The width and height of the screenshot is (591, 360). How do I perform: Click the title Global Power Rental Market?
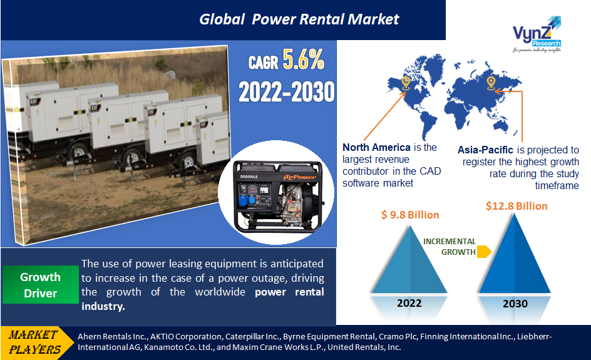point(299,19)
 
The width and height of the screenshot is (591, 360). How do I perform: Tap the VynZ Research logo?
point(536,38)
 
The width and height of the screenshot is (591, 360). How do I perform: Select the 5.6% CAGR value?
point(304,60)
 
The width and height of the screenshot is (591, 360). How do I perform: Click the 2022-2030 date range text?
point(287,92)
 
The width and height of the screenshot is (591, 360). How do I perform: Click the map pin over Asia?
point(491,83)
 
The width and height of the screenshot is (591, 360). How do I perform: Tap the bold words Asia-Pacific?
point(485,150)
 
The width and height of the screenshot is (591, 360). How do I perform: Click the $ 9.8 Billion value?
point(410,215)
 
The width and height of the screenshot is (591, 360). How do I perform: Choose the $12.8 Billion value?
point(516,206)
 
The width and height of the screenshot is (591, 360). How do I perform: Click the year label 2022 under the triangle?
point(410,304)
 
